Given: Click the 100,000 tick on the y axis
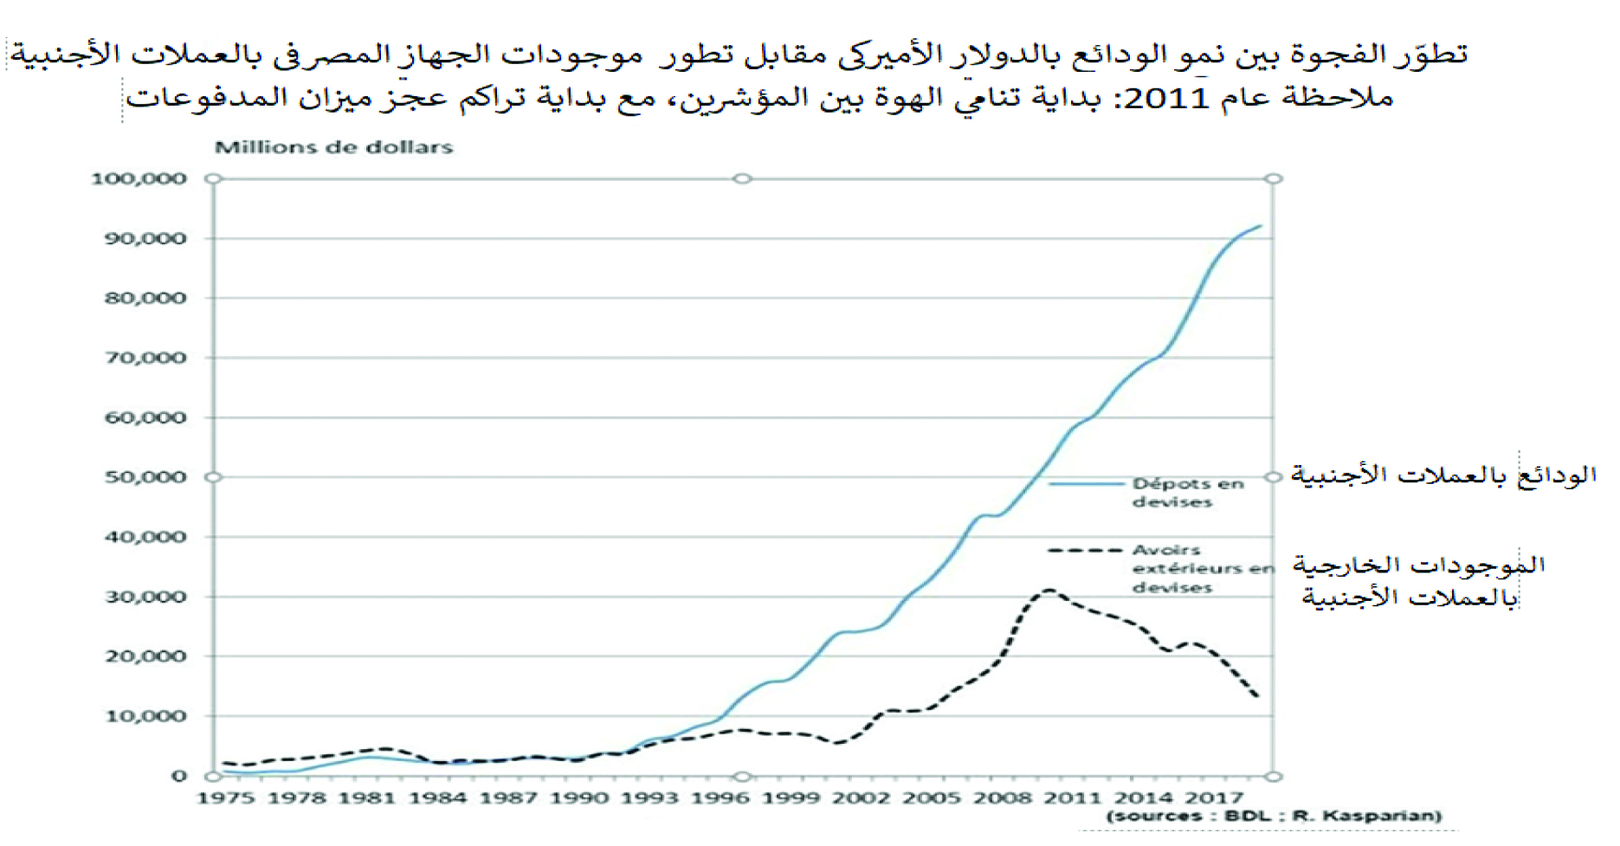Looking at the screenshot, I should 139,179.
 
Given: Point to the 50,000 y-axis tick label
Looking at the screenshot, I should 145,477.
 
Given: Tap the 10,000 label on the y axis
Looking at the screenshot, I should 145,716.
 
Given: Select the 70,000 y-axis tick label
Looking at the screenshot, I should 145,358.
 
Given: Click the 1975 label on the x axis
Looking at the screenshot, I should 225,798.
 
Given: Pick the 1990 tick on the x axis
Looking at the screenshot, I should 579,798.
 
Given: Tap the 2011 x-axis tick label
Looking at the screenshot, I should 1071,798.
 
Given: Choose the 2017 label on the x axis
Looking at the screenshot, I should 1213,798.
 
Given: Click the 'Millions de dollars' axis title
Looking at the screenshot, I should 333,147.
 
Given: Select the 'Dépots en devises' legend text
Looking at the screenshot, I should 1187,493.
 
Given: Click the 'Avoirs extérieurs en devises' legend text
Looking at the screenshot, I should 1202,568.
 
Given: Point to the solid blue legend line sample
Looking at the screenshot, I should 1086,483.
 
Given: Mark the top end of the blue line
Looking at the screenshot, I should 1260,226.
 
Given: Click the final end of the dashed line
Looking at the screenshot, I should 1256,695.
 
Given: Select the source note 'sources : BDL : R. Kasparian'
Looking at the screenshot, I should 1274,816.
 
